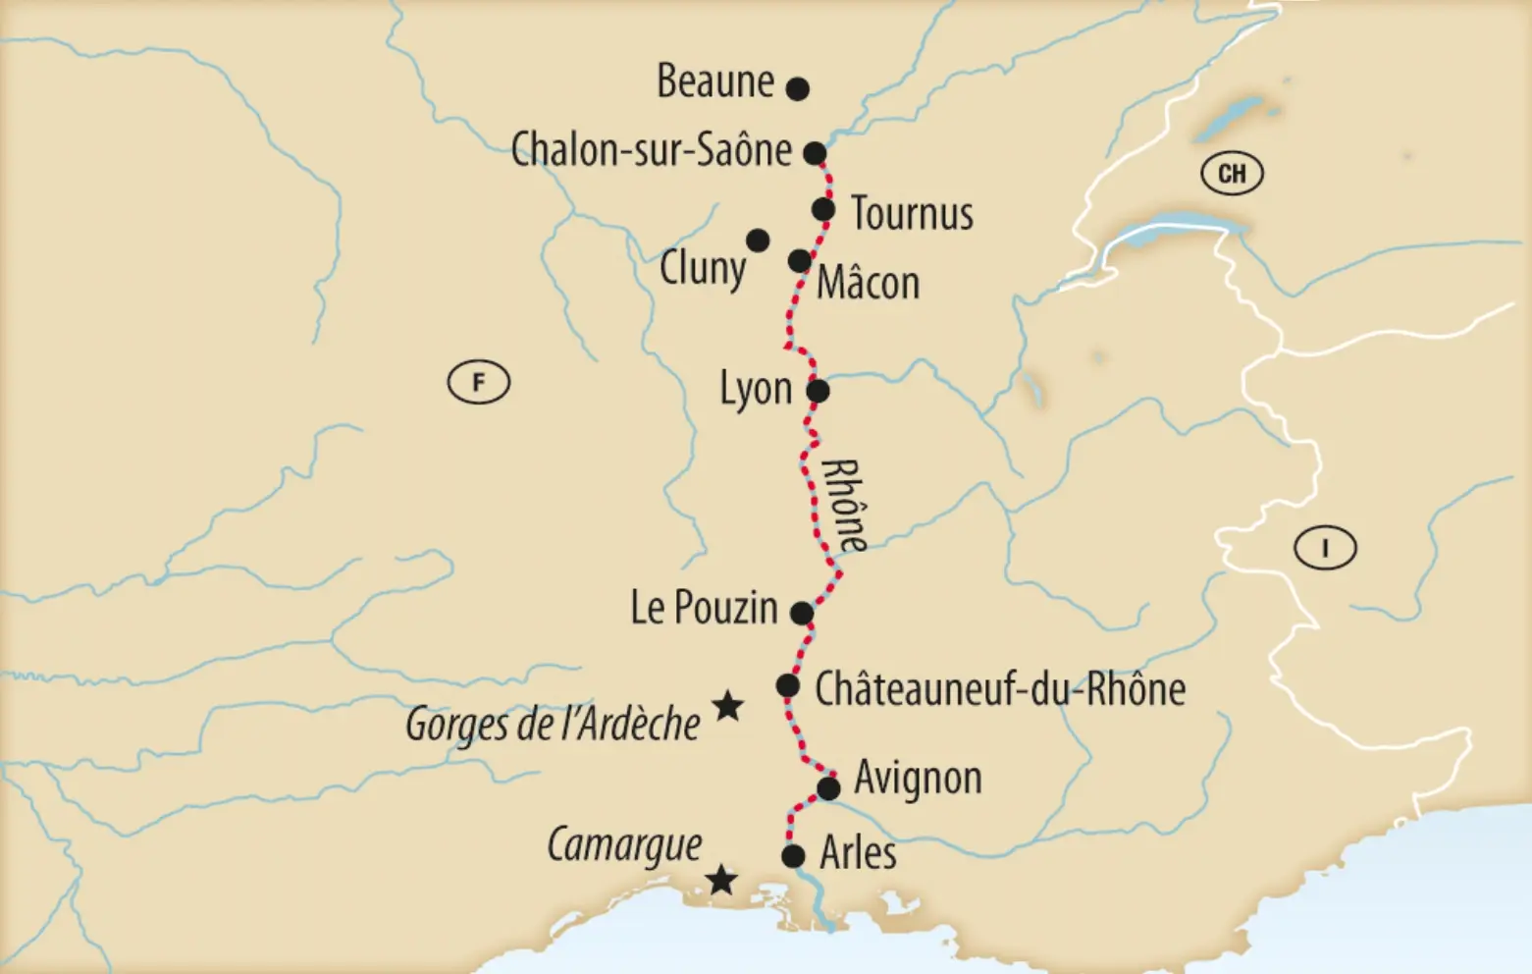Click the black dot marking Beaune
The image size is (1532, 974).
click(798, 89)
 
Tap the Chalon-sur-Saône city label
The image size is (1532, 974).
click(652, 150)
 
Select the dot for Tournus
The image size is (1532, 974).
click(823, 209)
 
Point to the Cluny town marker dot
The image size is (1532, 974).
click(758, 241)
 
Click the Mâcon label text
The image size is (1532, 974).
click(868, 283)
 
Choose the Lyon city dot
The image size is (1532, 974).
click(818, 392)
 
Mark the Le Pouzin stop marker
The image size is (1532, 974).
click(802, 614)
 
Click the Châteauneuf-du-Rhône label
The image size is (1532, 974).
click(999, 689)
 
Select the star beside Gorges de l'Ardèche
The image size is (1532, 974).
click(726, 705)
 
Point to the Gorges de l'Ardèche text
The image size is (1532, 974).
click(553, 725)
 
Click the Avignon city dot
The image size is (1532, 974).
click(828, 788)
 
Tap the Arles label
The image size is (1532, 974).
click(858, 852)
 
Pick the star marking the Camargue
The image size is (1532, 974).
click(721, 880)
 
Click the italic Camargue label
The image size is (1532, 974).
click(624, 844)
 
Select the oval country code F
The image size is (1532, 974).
click(479, 382)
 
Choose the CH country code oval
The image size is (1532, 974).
click(1232, 174)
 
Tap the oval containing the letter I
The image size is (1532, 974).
click(1325, 548)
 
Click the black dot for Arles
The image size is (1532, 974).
click(793, 856)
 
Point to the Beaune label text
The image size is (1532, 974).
click(715, 81)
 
